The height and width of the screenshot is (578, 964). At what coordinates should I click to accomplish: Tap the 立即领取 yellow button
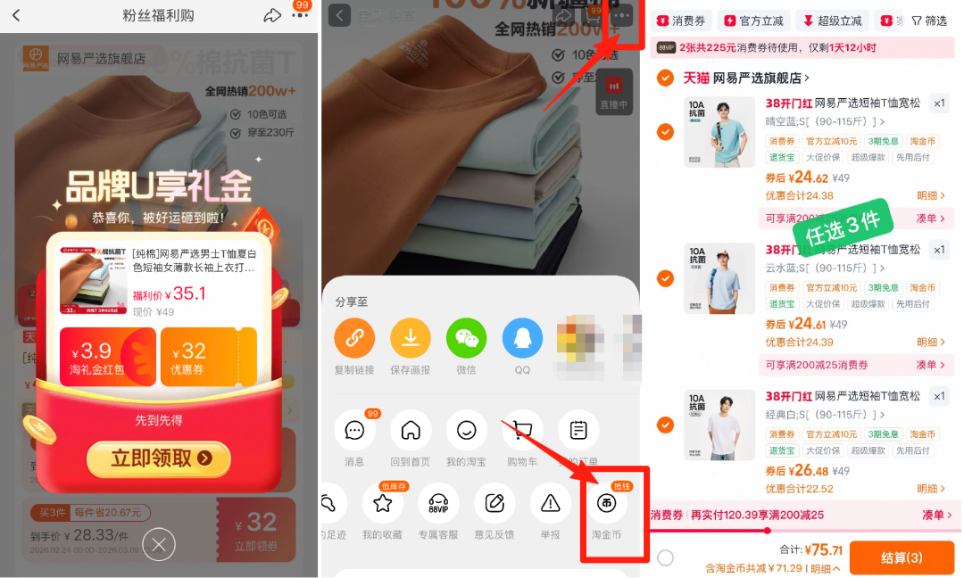tap(159, 459)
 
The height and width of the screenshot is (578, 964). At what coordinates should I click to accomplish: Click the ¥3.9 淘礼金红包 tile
tap(107, 356)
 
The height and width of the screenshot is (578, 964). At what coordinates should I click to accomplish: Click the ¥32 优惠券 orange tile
tap(209, 356)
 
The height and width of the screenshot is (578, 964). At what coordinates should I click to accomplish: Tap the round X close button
tap(159, 543)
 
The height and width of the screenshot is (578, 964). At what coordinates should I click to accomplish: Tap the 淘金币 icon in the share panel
tap(606, 504)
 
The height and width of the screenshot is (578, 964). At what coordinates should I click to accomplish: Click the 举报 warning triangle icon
tap(551, 504)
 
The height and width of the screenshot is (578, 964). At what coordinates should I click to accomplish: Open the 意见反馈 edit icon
tap(494, 504)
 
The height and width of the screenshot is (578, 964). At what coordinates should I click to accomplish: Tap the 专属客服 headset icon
tap(438, 504)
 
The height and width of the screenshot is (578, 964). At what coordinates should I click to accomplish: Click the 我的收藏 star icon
tap(383, 504)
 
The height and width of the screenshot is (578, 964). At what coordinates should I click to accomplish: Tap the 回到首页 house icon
tap(411, 431)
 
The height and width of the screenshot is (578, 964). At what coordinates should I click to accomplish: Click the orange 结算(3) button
tap(902, 557)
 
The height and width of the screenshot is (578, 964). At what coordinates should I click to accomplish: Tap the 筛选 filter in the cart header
tap(929, 21)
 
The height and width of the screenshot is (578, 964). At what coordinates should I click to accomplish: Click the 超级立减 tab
tap(832, 21)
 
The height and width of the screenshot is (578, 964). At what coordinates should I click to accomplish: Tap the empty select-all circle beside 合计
tap(665, 557)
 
